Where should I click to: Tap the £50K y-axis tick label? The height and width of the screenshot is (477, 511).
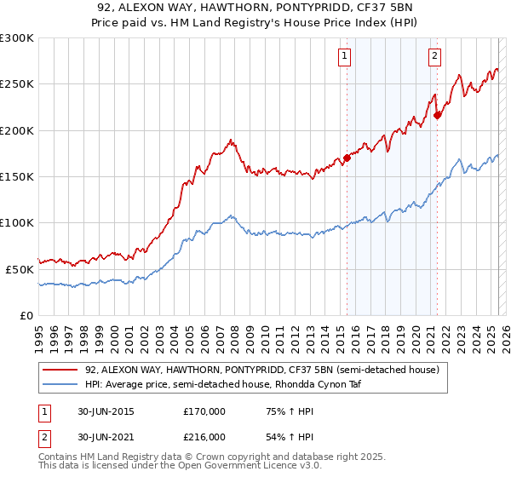tap(20, 269)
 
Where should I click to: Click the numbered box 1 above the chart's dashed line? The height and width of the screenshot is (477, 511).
tap(345, 57)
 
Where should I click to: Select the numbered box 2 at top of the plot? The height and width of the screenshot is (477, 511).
tap(434, 57)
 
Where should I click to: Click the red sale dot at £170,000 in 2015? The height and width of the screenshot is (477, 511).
tap(347, 158)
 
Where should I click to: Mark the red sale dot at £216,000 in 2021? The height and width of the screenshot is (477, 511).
tap(438, 115)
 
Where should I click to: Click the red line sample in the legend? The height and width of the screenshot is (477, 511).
tap(59, 370)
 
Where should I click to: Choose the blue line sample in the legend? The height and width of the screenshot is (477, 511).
tap(59, 385)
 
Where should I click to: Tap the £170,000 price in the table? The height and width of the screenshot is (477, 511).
tap(204, 411)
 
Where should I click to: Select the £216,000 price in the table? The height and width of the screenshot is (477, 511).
tap(204, 437)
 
